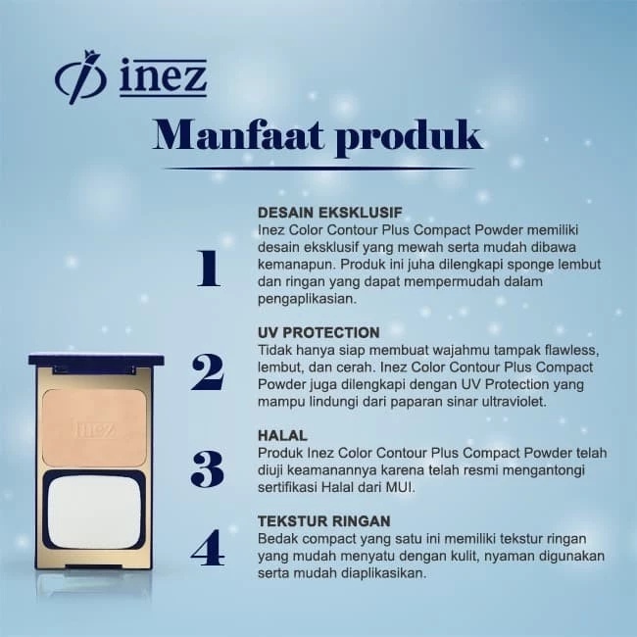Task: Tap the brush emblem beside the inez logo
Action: (x=80, y=77)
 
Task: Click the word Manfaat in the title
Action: (x=238, y=135)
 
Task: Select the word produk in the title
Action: (x=409, y=137)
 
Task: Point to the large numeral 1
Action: (x=209, y=269)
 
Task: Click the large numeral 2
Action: (x=208, y=372)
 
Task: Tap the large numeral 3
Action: (x=207, y=469)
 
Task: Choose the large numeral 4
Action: (x=208, y=548)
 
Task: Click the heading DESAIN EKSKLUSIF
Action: (x=330, y=212)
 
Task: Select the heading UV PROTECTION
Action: (x=318, y=332)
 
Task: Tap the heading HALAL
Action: (x=282, y=435)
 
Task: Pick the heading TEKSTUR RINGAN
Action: (x=324, y=520)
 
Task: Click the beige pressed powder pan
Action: (x=94, y=428)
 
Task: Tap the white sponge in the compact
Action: (x=94, y=512)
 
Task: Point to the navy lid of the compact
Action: (x=96, y=360)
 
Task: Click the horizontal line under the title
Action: (x=319, y=168)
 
